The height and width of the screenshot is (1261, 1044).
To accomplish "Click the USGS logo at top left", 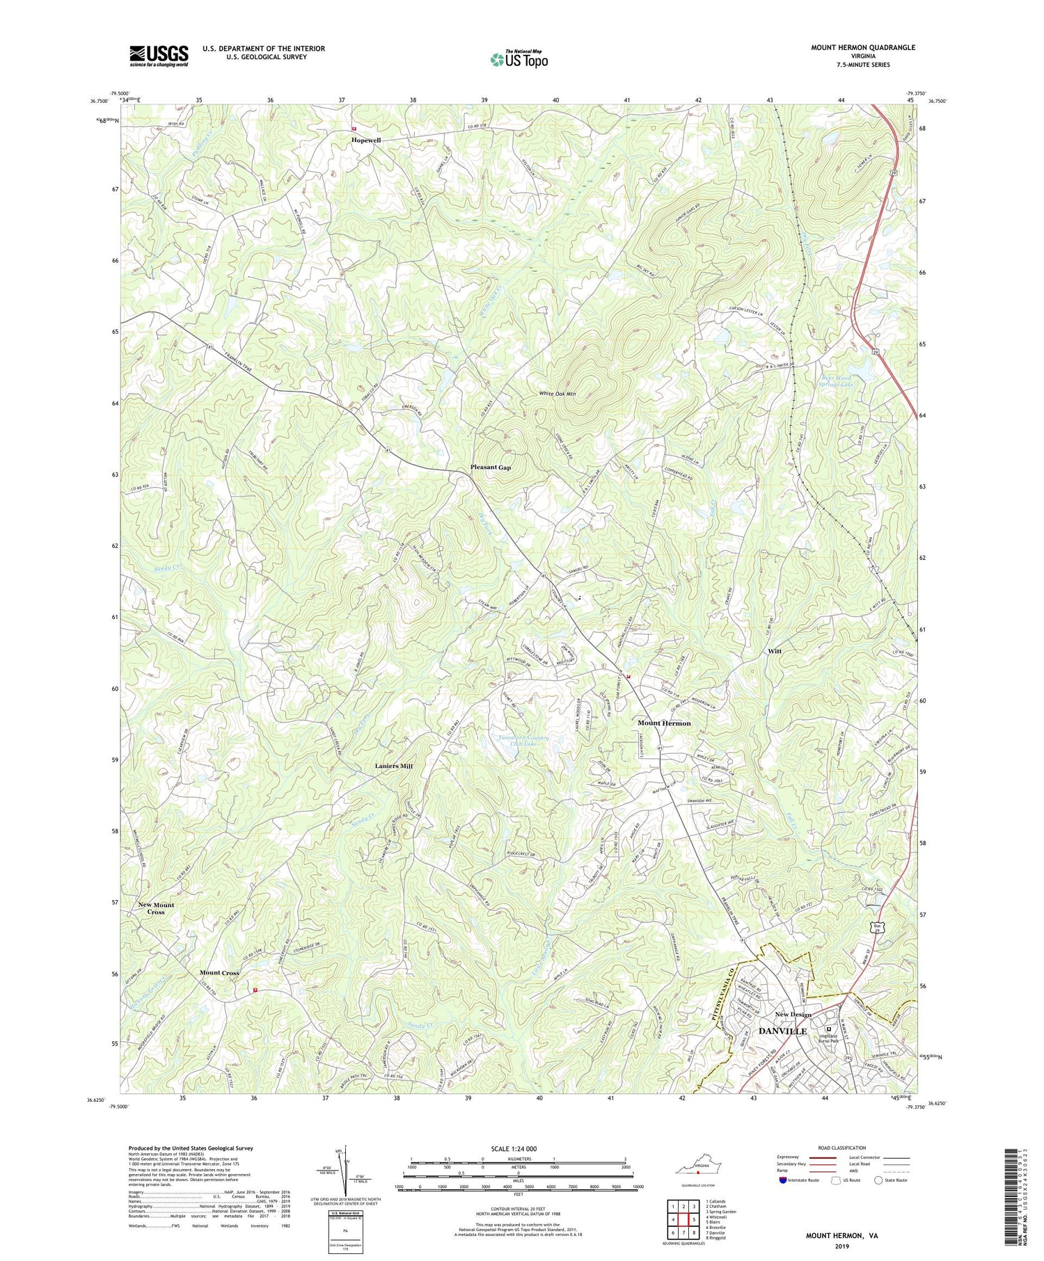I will [159, 56].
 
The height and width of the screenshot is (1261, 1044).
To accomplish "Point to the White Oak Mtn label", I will [559, 394].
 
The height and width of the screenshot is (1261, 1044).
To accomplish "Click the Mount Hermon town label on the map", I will [664, 723].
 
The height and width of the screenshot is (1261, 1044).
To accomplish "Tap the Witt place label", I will [775, 651].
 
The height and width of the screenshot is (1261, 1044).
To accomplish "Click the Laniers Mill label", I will [390, 766].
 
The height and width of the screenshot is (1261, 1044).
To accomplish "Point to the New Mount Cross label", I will [156, 908].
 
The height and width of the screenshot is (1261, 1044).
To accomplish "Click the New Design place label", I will [793, 1015].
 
